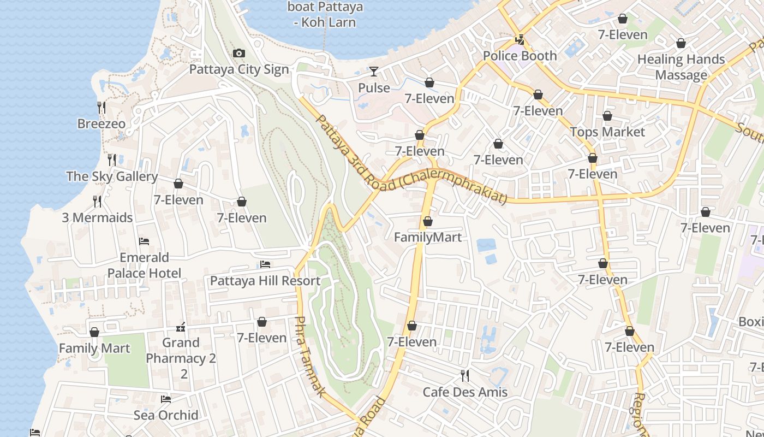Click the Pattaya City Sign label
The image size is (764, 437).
click(238, 70)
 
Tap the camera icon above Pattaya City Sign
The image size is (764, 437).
click(238, 53)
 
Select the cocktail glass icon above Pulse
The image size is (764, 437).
click(374, 71)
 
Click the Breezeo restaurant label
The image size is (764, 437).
click(101, 124)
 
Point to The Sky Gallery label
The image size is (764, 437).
click(112, 176)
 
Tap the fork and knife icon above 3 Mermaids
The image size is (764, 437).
click(97, 202)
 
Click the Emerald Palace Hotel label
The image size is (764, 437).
click(144, 265)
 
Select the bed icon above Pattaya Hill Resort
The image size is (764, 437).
click(265, 264)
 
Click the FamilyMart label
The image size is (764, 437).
click(428, 238)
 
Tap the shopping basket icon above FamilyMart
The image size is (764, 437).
click(428, 221)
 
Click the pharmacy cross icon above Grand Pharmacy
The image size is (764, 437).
click(181, 327)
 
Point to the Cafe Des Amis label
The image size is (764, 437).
click(465, 392)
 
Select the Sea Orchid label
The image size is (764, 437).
click(166, 415)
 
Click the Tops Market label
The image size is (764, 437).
click(607, 132)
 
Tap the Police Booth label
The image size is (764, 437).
click(520, 56)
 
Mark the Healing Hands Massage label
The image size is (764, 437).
click(681, 67)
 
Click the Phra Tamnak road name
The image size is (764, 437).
click(309, 356)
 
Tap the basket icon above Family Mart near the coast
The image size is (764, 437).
click(94, 332)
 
